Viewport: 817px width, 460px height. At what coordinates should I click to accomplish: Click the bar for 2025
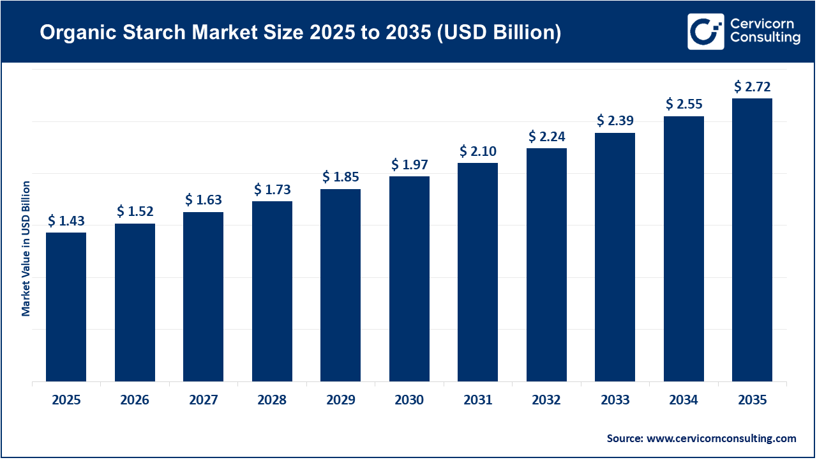(x=66, y=307)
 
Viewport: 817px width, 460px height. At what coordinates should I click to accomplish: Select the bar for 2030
(x=409, y=279)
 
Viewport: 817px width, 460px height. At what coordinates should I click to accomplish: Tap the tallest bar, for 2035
(x=752, y=240)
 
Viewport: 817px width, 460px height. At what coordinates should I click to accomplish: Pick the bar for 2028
(x=272, y=291)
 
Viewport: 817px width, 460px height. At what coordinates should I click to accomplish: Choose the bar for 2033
(x=615, y=257)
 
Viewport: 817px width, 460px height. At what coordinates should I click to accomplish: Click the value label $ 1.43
(x=66, y=221)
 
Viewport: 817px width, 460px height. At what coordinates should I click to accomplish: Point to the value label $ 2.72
(x=753, y=86)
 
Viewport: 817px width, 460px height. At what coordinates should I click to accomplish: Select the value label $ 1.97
(x=409, y=165)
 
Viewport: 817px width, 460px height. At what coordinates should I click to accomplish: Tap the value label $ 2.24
(x=546, y=137)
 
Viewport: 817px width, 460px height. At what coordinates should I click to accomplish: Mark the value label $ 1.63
(x=204, y=200)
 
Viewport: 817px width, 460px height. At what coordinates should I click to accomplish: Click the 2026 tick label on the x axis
(x=135, y=400)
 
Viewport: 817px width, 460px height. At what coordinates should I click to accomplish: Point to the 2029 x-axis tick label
(x=340, y=400)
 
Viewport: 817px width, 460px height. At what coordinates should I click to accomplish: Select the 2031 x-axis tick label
(x=477, y=400)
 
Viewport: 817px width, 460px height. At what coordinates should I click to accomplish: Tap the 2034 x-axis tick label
(x=684, y=400)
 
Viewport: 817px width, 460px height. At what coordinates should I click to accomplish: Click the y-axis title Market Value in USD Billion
(x=26, y=248)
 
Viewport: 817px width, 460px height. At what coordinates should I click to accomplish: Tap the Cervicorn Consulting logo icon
(x=705, y=31)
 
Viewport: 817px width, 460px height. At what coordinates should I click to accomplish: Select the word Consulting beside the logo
(x=765, y=38)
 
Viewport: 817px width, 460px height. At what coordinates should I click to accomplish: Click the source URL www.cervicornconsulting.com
(x=721, y=438)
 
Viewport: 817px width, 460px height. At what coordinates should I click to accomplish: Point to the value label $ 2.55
(x=684, y=103)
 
